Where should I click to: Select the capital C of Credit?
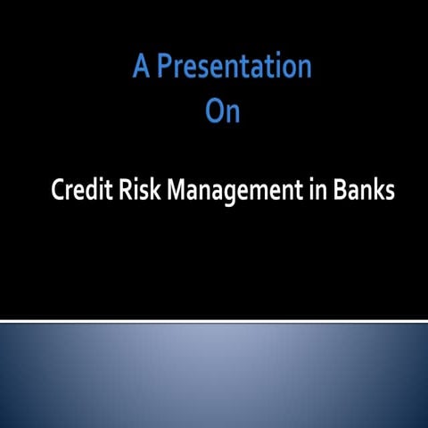59,191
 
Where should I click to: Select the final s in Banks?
390,193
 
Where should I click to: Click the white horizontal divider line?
214,320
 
